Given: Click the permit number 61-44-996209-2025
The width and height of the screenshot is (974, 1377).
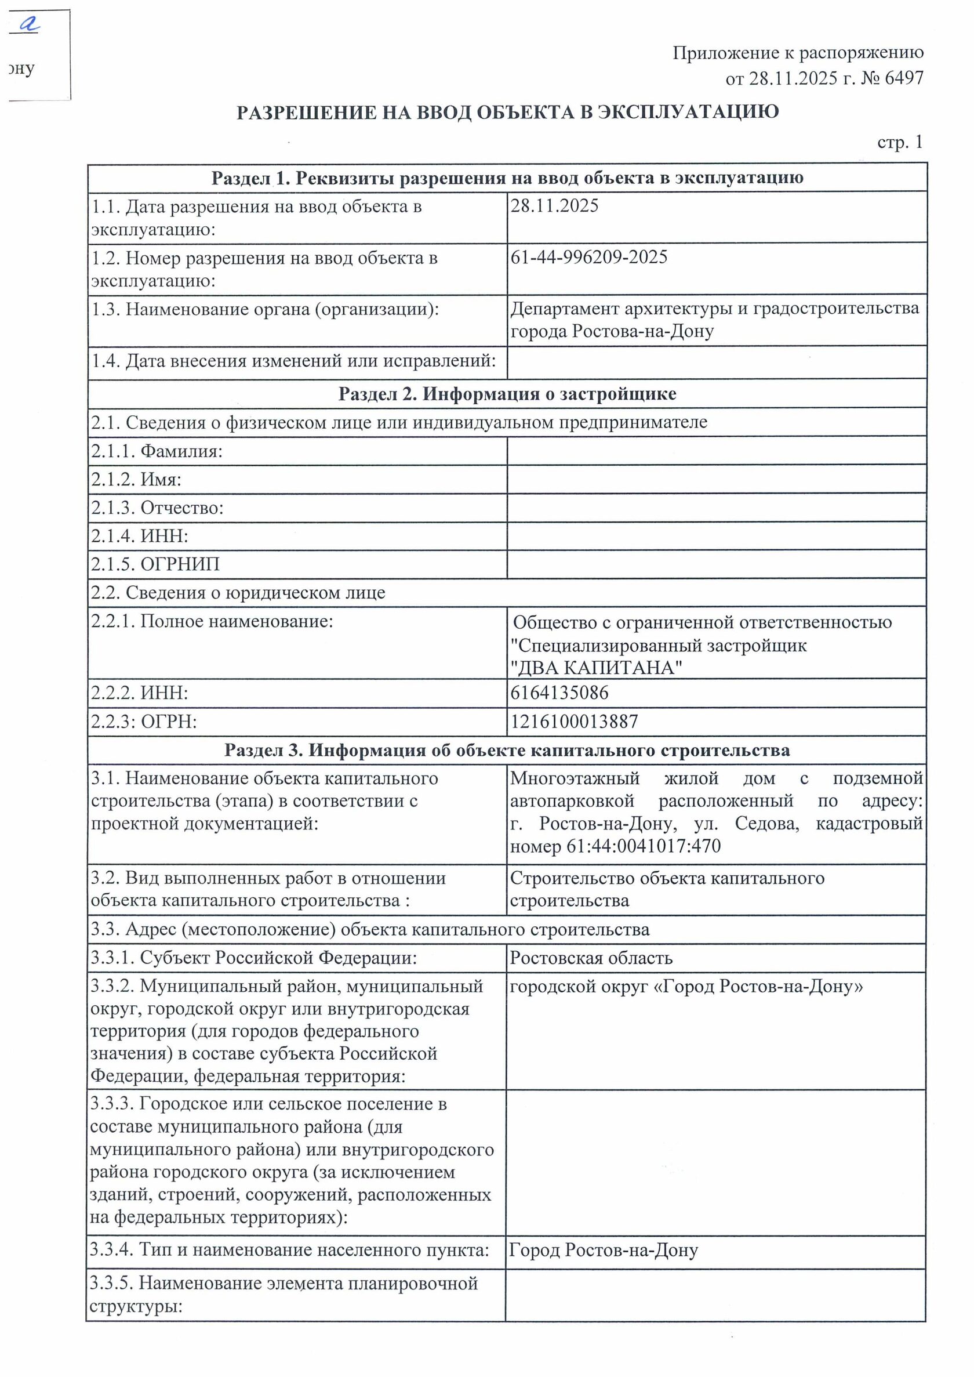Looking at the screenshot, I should [x=588, y=258].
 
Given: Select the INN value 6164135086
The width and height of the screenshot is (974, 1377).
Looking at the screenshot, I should [x=559, y=693].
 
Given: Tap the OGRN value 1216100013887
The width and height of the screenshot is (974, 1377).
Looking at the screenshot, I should [x=574, y=721].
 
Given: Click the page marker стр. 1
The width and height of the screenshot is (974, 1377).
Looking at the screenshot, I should [x=900, y=142].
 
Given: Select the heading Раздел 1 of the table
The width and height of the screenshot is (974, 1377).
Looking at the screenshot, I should [x=507, y=178].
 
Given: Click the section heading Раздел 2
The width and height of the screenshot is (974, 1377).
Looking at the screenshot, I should [x=507, y=394].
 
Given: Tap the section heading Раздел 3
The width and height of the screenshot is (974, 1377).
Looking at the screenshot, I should [x=507, y=750].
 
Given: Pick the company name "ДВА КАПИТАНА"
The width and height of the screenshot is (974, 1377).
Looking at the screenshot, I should [x=596, y=668].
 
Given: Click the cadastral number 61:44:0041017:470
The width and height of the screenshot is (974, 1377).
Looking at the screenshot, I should [x=644, y=846].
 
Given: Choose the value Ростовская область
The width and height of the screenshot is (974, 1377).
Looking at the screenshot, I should [x=591, y=958].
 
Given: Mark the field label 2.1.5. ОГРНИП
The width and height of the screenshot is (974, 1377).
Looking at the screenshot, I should [x=155, y=564].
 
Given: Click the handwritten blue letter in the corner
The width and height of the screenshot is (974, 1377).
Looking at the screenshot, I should [x=28, y=24].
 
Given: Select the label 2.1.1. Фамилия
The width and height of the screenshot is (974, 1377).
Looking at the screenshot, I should [x=157, y=451].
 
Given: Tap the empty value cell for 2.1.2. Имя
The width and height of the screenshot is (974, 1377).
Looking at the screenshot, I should [x=716, y=480].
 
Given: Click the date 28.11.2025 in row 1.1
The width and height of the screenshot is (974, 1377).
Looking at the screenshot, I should [x=554, y=206].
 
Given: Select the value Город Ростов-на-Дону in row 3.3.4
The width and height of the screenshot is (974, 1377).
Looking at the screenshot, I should [x=604, y=1250].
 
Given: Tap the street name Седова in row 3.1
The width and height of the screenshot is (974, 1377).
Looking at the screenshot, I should [x=766, y=824].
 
